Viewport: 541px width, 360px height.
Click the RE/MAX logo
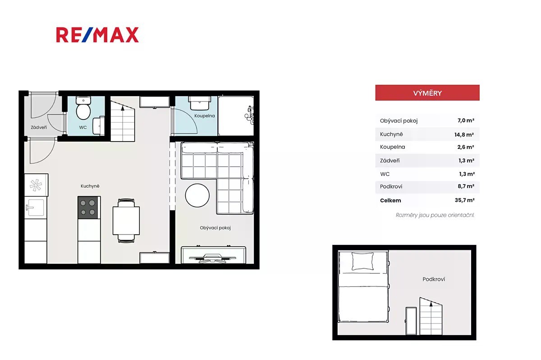point(97,35)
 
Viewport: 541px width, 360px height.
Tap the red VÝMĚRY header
point(427,93)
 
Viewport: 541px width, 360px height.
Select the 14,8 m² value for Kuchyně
point(464,134)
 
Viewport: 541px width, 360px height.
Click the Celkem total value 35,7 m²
point(464,200)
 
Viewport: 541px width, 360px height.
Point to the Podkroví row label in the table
point(391,186)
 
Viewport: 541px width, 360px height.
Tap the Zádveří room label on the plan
point(39,127)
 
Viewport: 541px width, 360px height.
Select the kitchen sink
point(36,208)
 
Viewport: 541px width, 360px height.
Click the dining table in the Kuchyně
point(126,221)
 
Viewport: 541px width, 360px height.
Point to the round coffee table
point(197,195)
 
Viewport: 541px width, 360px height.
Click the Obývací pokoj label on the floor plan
point(215,228)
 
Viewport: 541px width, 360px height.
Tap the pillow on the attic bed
point(362,261)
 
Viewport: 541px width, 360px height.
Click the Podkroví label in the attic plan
point(434,279)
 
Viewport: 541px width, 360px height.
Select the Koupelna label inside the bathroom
point(205,116)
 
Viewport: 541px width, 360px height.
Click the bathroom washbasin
point(199,103)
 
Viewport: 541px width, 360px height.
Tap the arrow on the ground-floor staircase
point(123,108)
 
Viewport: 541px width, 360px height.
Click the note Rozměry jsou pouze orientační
point(435,215)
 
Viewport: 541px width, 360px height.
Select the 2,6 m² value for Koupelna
point(466,147)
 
